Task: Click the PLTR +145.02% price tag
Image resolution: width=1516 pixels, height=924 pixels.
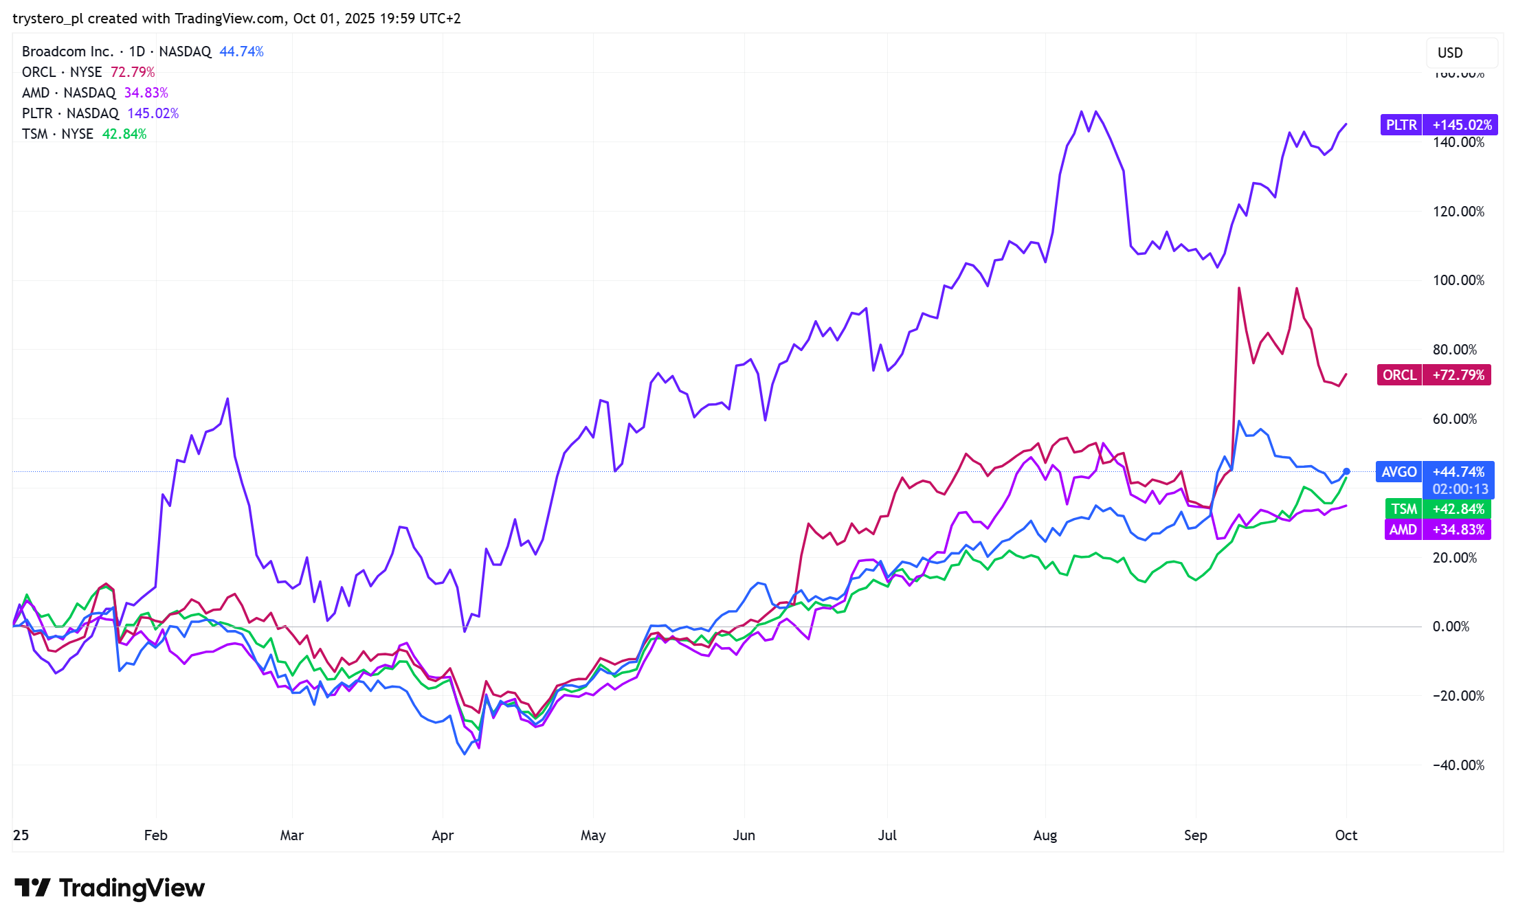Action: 1438,125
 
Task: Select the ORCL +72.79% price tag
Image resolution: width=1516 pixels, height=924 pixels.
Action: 1434,375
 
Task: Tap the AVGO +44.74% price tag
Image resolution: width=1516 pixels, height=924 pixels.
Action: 1434,472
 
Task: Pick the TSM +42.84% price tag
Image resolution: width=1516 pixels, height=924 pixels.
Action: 1437,509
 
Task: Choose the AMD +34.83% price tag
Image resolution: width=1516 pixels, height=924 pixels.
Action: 1436,530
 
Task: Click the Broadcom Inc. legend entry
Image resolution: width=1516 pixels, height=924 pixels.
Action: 142,52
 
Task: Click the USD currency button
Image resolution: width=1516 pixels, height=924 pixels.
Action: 1450,53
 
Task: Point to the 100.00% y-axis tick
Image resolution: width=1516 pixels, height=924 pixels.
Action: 1458,280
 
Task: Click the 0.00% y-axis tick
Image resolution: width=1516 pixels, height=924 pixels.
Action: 1451,627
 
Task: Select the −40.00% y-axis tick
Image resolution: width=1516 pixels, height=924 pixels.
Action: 1458,765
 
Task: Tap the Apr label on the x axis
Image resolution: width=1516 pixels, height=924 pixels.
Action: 443,835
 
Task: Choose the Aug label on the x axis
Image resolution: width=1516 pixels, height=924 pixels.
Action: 1045,835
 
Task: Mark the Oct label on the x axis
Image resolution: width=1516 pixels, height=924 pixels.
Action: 1346,835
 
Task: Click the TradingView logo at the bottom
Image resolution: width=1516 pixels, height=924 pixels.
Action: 110,888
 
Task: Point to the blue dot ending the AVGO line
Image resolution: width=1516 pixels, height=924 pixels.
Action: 1346,471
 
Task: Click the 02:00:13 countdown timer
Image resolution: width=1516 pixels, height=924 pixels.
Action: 1460,489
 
